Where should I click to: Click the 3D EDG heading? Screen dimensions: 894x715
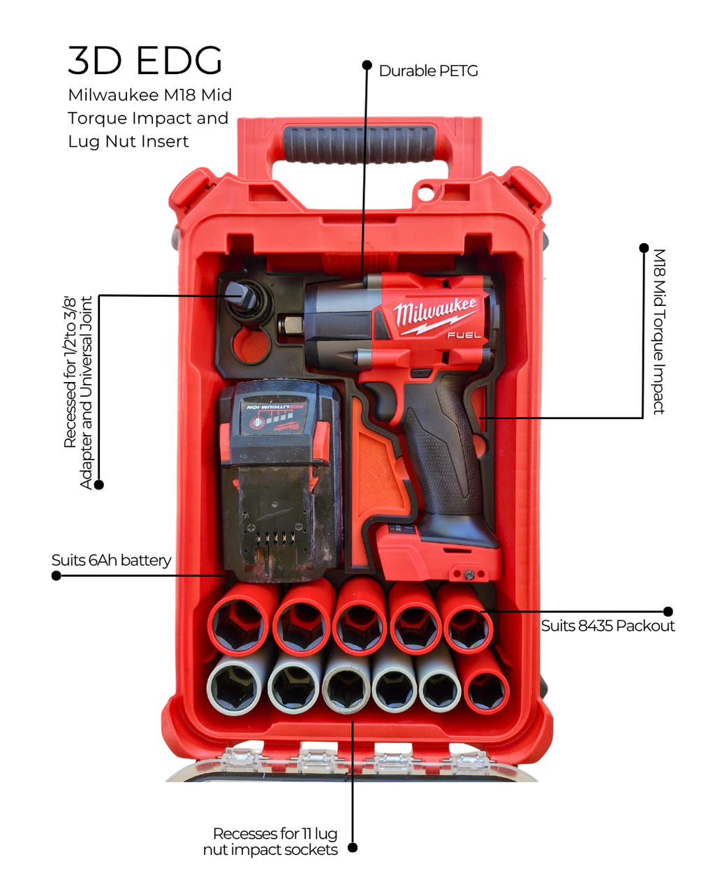[x=145, y=61]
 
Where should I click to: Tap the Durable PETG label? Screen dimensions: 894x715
[x=428, y=71]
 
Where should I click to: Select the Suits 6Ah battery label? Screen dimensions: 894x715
[x=111, y=560]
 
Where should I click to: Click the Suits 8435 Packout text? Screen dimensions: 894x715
[x=607, y=626]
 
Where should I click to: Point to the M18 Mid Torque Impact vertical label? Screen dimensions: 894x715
[x=658, y=332]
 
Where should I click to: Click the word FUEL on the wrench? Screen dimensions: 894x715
[x=464, y=335]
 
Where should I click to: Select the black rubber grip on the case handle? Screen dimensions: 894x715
[x=359, y=143]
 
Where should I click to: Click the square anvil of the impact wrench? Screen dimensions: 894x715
[x=289, y=325]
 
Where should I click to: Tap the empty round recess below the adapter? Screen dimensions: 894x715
[x=251, y=346]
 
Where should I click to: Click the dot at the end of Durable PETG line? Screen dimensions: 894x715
[x=367, y=65]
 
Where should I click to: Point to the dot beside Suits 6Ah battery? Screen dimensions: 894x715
[x=57, y=576]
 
